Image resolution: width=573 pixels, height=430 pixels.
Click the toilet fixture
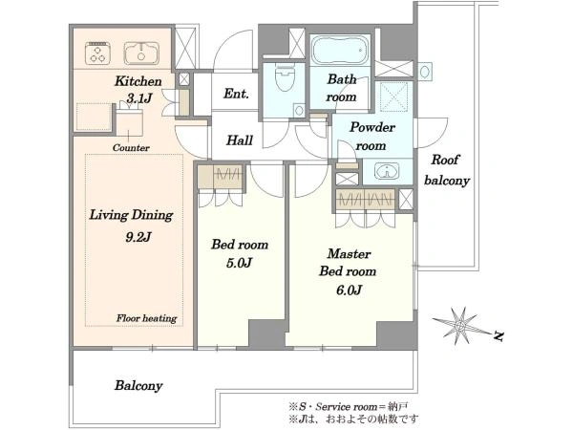285,78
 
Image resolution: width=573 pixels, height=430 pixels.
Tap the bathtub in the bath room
341,51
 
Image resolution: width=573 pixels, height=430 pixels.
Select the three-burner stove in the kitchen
98,54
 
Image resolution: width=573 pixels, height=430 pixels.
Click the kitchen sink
141,54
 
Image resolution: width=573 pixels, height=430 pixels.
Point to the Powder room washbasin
387,171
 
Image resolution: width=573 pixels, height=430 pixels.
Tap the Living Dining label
131,215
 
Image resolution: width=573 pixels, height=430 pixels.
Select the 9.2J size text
138,237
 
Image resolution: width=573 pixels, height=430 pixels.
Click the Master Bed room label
348,263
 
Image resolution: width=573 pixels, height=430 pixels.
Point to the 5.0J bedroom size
239,263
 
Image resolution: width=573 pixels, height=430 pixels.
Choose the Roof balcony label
446,170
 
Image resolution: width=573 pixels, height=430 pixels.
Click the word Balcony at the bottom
138,385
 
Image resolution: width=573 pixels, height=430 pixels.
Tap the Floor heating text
146,318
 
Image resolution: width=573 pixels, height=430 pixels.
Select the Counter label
131,148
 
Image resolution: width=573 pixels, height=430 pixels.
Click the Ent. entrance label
236,94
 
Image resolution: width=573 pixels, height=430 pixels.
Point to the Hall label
240,140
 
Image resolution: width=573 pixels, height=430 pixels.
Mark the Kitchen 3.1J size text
138,98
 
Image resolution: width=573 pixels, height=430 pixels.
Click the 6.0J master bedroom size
349,290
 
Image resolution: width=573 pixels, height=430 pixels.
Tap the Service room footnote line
349,407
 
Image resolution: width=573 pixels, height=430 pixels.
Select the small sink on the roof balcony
424,72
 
